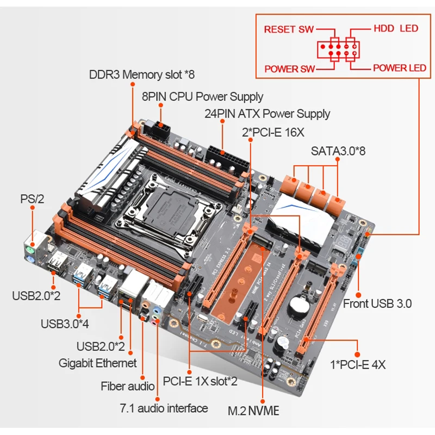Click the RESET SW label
click(x=289, y=29)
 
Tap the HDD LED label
click(x=396, y=29)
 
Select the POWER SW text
click(x=289, y=69)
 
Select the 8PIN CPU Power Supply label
click(x=202, y=97)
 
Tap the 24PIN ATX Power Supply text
click(x=267, y=114)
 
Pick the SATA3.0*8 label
click(x=338, y=150)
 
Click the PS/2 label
click(x=32, y=199)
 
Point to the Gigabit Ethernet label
click(x=98, y=363)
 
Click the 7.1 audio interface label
click(x=164, y=408)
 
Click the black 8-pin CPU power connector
click(x=161, y=130)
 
